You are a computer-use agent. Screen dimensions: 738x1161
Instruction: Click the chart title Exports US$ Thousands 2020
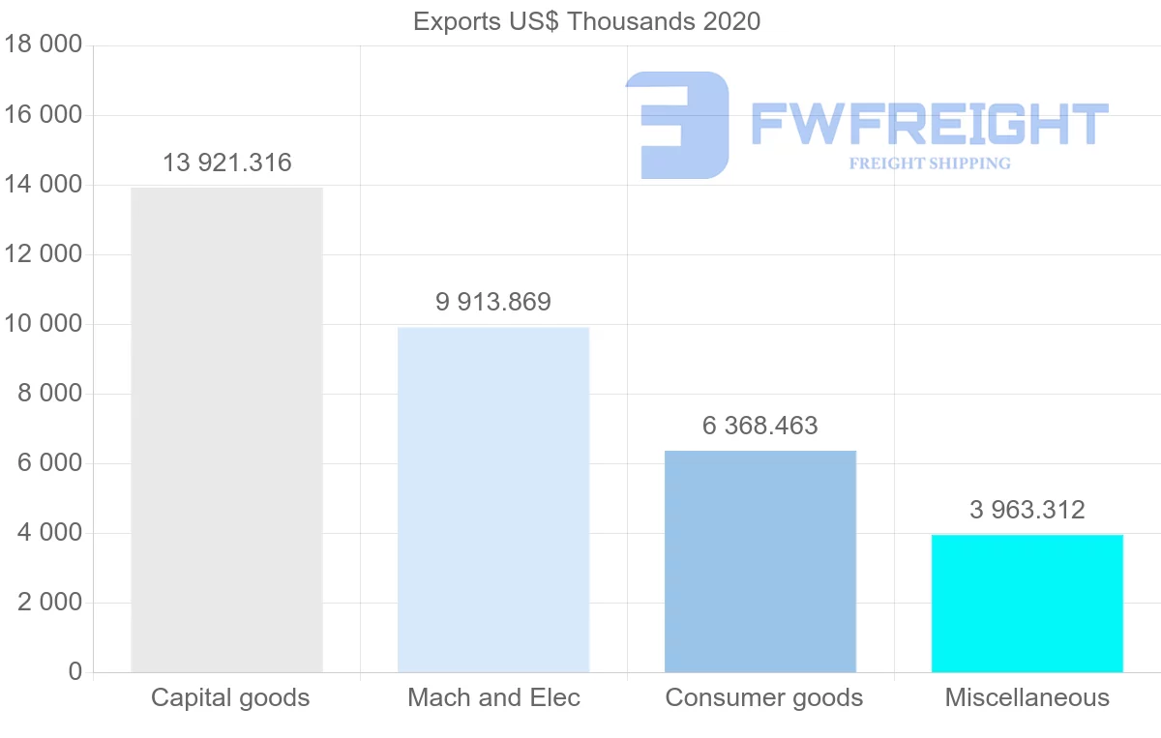click(x=586, y=21)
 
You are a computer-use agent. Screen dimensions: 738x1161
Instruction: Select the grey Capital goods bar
click(x=226, y=429)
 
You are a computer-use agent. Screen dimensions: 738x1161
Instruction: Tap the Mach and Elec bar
click(x=493, y=499)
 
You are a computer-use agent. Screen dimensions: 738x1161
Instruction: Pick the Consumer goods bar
click(x=760, y=561)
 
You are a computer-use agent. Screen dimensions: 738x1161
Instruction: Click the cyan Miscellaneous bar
click(x=1027, y=603)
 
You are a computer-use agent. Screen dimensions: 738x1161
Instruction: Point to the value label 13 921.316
click(x=226, y=162)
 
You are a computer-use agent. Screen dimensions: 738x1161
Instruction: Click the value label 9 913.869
click(x=493, y=302)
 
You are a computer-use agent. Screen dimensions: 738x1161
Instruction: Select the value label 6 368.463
click(x=760, y=426)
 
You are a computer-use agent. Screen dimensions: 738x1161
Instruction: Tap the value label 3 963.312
click(x=1027, y=510)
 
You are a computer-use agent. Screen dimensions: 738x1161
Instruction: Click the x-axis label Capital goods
click(x=230, y=697)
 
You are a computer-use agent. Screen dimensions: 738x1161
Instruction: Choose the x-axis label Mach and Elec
click(x=493, y=697)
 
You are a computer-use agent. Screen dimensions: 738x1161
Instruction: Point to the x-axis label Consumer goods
click(x=763, y=697)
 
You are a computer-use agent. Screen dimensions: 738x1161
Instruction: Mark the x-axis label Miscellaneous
click(x=1027, y=697)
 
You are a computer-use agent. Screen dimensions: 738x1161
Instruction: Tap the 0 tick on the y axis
click(x=75, y=672)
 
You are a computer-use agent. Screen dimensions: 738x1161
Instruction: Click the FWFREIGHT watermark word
click(x=929, y=125)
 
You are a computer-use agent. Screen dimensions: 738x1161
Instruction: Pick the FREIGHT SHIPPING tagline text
click(x=929, y=163)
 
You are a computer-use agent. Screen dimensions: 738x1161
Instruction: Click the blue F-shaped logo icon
click(x=677, y=125)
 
